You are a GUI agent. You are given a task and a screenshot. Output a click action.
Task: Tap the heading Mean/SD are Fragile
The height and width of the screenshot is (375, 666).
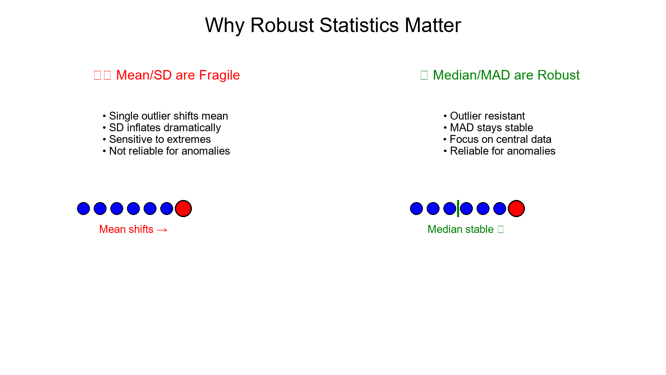tap(178, 75)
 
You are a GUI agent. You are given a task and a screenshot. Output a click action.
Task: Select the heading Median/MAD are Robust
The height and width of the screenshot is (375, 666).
tap(506, 75)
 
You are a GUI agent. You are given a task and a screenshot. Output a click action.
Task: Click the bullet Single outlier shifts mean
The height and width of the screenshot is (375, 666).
tap(168, 116)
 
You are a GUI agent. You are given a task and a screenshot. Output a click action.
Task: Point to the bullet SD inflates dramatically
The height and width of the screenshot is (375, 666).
tap(165, 127)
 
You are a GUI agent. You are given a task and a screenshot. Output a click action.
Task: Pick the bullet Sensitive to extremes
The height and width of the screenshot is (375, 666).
tap(160, 139)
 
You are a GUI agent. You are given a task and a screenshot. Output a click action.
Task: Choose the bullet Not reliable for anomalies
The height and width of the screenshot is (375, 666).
tap(169, 151)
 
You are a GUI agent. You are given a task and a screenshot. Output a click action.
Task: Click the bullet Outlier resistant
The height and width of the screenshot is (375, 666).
tap(487, 116)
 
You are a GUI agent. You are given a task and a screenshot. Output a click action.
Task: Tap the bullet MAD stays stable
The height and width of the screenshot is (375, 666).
tap(491, 127)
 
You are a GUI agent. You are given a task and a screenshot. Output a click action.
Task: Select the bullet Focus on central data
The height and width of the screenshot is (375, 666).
tap(500, 139)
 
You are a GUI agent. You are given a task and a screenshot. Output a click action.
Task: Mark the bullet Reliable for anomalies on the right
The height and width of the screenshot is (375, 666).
tap(502, 151)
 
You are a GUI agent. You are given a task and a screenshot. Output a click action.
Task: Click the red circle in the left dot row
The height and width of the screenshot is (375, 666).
tap(183, 208)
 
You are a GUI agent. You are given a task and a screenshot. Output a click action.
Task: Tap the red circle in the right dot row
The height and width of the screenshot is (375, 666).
tap(516, 208)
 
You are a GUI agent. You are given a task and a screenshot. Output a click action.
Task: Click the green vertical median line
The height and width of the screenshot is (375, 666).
tap(458, 208)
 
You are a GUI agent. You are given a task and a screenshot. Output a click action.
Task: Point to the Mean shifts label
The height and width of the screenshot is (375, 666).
tap(127, 229)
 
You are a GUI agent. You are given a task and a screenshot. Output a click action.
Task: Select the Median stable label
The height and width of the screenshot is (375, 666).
tap(460, 229)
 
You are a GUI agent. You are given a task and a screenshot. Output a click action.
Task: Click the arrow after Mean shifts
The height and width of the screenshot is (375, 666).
tap(162, 230)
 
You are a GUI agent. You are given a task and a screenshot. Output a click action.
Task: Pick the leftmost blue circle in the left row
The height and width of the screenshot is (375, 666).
tap(83, 208)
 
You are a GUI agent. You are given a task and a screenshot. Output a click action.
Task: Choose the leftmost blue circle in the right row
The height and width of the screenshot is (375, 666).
tap(416, 208)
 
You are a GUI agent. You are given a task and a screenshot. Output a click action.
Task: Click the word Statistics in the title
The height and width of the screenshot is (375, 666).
tap(359, 25)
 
